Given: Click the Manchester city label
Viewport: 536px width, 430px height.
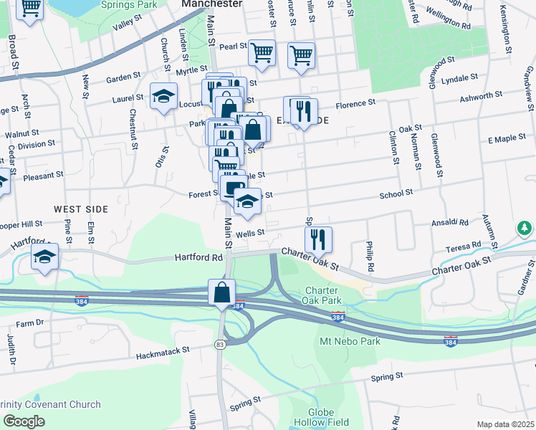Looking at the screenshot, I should [211, 4].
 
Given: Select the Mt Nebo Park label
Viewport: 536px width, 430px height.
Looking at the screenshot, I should [350, 341].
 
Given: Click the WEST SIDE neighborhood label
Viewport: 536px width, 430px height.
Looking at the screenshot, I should [81, 209].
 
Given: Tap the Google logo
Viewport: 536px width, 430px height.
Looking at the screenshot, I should [24, 421].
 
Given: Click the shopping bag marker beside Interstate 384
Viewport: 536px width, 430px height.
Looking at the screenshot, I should [222, 292].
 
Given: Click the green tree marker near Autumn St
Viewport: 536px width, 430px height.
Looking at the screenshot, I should [525, 229].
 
